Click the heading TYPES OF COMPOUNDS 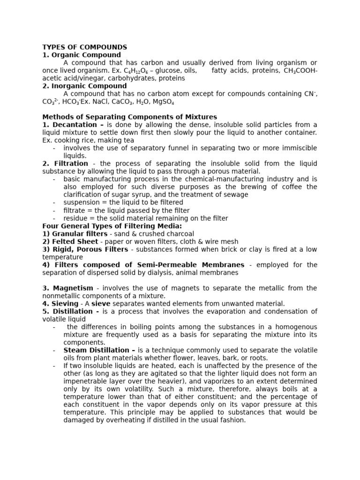(x=84, y=47)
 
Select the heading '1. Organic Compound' (x=82, y=55)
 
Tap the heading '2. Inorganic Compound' (x=84, y=86)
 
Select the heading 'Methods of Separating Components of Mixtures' (x=130, y=117)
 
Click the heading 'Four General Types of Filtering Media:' (x=112, y=226)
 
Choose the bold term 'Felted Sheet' (x=74, y=241)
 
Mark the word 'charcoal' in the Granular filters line (x=179, y=233)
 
